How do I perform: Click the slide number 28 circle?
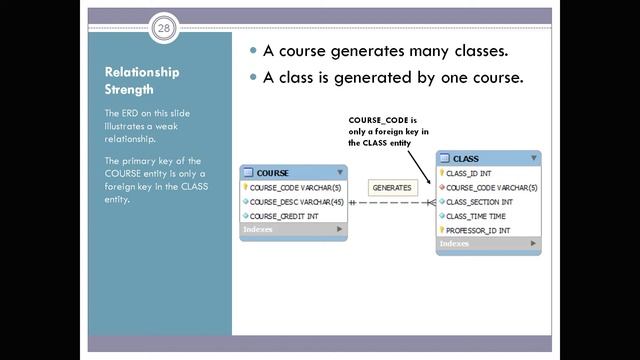[x=163, y=29]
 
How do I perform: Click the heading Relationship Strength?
[x=142, y=80]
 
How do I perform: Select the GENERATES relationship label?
[x=391, y=187]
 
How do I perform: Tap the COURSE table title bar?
[x=293, y=173]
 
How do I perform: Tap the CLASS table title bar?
[x=488, y=158]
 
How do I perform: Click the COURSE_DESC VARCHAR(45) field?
[x=295, y=201]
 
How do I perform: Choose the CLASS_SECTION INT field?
[x=479, y=201]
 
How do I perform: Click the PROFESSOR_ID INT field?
[x=477, y=230]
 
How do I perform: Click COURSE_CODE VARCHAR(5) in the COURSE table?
[x=295, y=187]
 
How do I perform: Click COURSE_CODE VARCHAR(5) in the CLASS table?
[x=491, y=187]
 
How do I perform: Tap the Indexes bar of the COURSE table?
[x=293, y=229]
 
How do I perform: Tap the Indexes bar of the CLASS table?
[x=488, y=243]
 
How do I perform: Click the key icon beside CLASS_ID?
[x=441, y=173]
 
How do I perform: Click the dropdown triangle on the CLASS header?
[x=535, y=158]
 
